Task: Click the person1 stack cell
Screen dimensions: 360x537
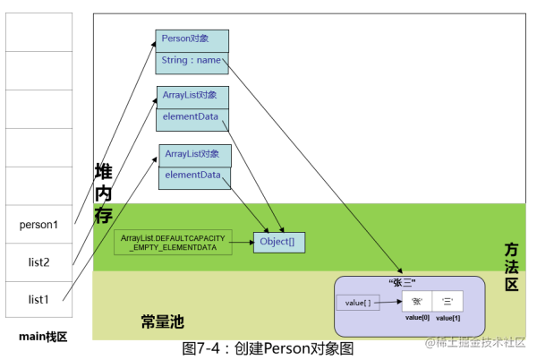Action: [38, 225]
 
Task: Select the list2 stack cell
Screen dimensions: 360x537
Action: [38, 261]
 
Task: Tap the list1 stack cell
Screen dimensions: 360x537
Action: [38, 298]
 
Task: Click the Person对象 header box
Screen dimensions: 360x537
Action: [192, 40]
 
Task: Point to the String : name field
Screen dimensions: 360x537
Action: [192, 62]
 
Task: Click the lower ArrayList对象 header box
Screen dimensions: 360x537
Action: [195, 155]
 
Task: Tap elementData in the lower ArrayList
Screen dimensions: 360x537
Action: [195, 176]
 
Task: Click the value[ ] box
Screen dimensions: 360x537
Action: [358, 304]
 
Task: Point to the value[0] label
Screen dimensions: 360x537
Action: [417, 319]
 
